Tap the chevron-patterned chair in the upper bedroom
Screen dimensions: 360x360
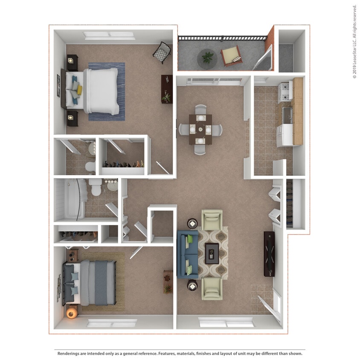[162, 52]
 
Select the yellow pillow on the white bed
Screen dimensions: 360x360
[79, 90]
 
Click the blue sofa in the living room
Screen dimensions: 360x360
[188, 254]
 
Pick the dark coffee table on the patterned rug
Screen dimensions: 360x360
[212, 253]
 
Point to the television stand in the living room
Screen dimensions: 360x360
[269, 254]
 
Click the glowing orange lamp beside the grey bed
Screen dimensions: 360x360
[72, 313]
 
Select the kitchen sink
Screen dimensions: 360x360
[287, 116]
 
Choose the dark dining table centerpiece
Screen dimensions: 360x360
[200, 129]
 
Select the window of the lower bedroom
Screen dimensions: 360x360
[112, 323]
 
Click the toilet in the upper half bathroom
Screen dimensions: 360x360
[90, 166]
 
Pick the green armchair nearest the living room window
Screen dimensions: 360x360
[212, 289]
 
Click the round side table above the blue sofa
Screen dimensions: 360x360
[192, 224]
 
